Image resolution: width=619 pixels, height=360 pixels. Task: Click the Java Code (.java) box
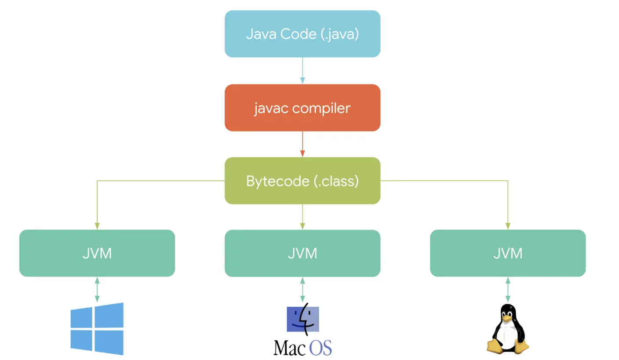click(x=302, y=34)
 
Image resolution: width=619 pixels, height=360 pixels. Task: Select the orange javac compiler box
click(x=302, y=108)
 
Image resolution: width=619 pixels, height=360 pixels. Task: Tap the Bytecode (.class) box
click(x=302, y=181)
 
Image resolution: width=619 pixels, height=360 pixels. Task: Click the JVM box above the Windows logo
click(x=97, y=253)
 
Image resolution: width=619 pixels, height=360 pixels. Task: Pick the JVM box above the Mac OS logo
click(x=302, y=253)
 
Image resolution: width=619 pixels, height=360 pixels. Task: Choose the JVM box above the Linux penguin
click(x=508, y=253)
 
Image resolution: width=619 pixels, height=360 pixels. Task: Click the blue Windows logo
click(x=97, y=329)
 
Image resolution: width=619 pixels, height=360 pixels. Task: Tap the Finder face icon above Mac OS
click(x=303, y=319)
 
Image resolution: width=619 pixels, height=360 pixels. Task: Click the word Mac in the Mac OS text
click(x=289, y=348)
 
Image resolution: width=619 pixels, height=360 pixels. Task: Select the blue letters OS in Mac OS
click(x=320, y=348)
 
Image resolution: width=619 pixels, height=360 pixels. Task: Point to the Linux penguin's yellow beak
click(x=507, y=318)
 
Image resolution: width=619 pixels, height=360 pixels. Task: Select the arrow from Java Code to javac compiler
click(x=302, y=70)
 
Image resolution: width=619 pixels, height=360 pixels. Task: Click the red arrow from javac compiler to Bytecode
click(x=302, y=144)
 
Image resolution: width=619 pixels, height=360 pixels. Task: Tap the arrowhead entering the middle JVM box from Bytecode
click(x=302, y=226)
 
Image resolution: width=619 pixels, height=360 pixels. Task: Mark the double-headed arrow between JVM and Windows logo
click(x=97, y=290)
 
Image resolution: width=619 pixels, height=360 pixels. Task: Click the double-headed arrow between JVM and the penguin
click(x=508, y=290)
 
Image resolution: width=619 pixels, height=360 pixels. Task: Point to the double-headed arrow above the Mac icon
click(x=302, y=290)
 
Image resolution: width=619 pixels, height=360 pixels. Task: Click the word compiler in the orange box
click(x=321, y=109)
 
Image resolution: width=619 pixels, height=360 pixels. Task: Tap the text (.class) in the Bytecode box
click(x=336, y=182)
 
